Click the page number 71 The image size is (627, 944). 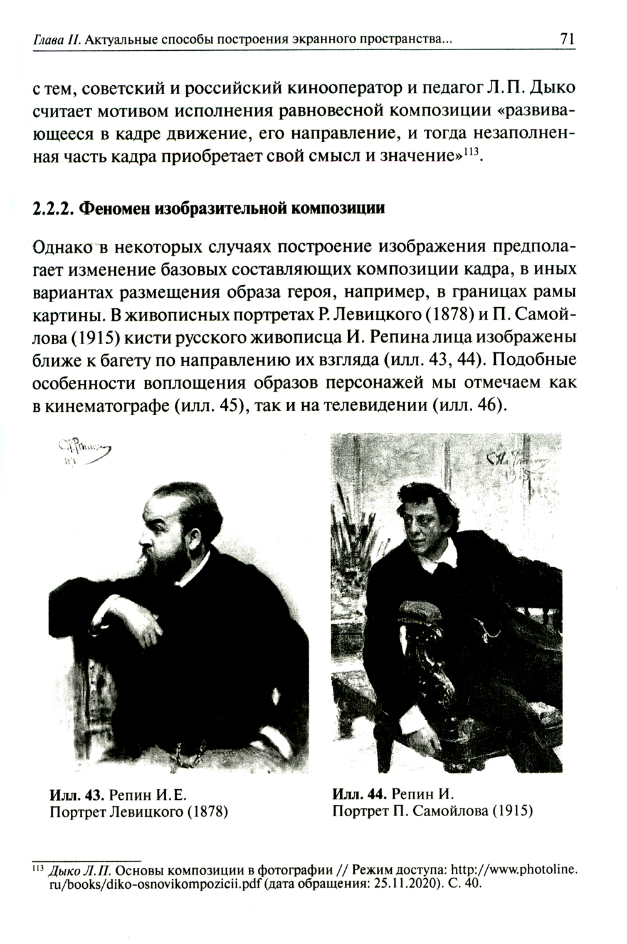567,39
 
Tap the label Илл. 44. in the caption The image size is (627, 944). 357,795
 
